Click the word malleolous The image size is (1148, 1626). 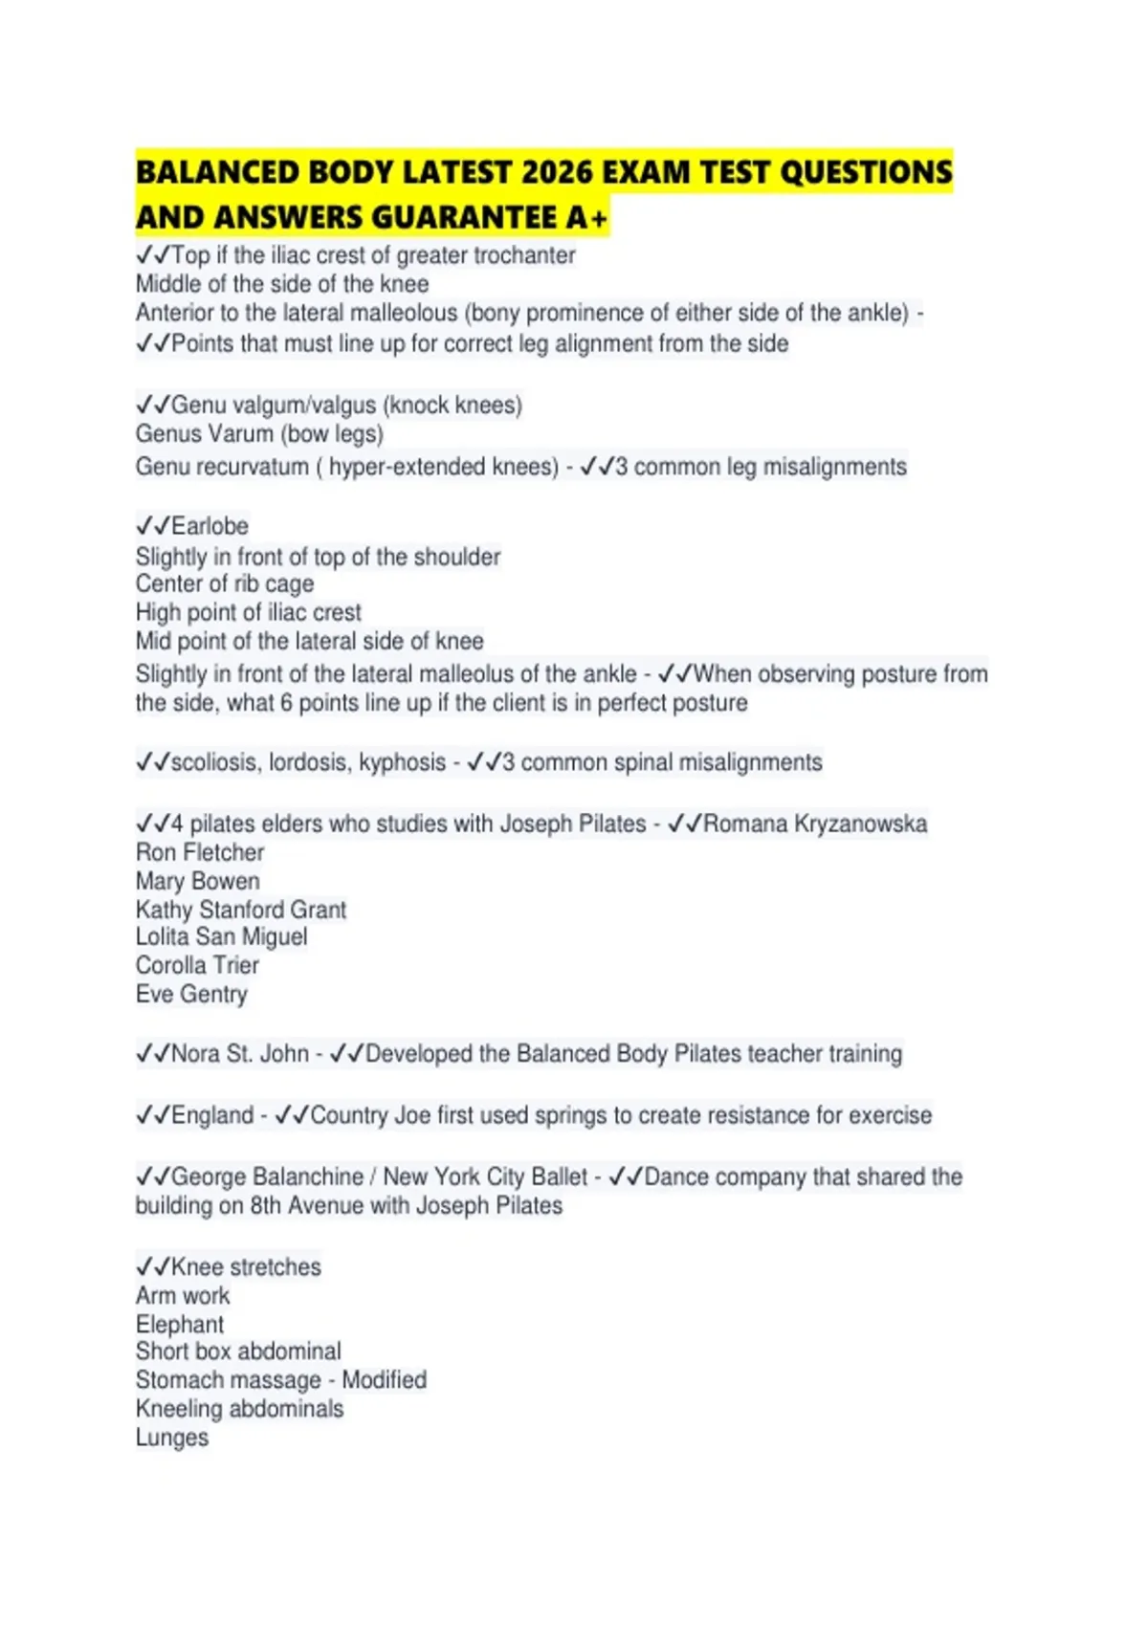(402, 313)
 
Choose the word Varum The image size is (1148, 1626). (239, 434)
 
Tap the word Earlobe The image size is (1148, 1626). (210, 526)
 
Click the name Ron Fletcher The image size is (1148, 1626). (200, 852)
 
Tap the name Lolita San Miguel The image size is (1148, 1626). (221, 936)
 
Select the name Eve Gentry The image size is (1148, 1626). (191, 994)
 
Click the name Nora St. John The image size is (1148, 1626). (240, 1054)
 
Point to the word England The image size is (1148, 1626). (212, 1115)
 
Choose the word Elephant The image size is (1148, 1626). (180, 1325)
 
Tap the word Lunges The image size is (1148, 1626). (172, 1438)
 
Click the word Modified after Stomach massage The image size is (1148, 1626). (385, 1380)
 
